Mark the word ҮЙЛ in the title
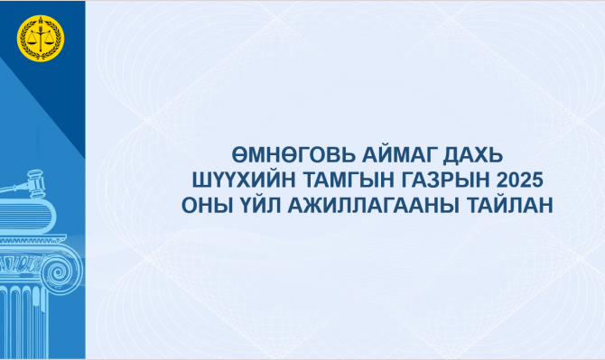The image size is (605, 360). (x=259, y=204)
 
